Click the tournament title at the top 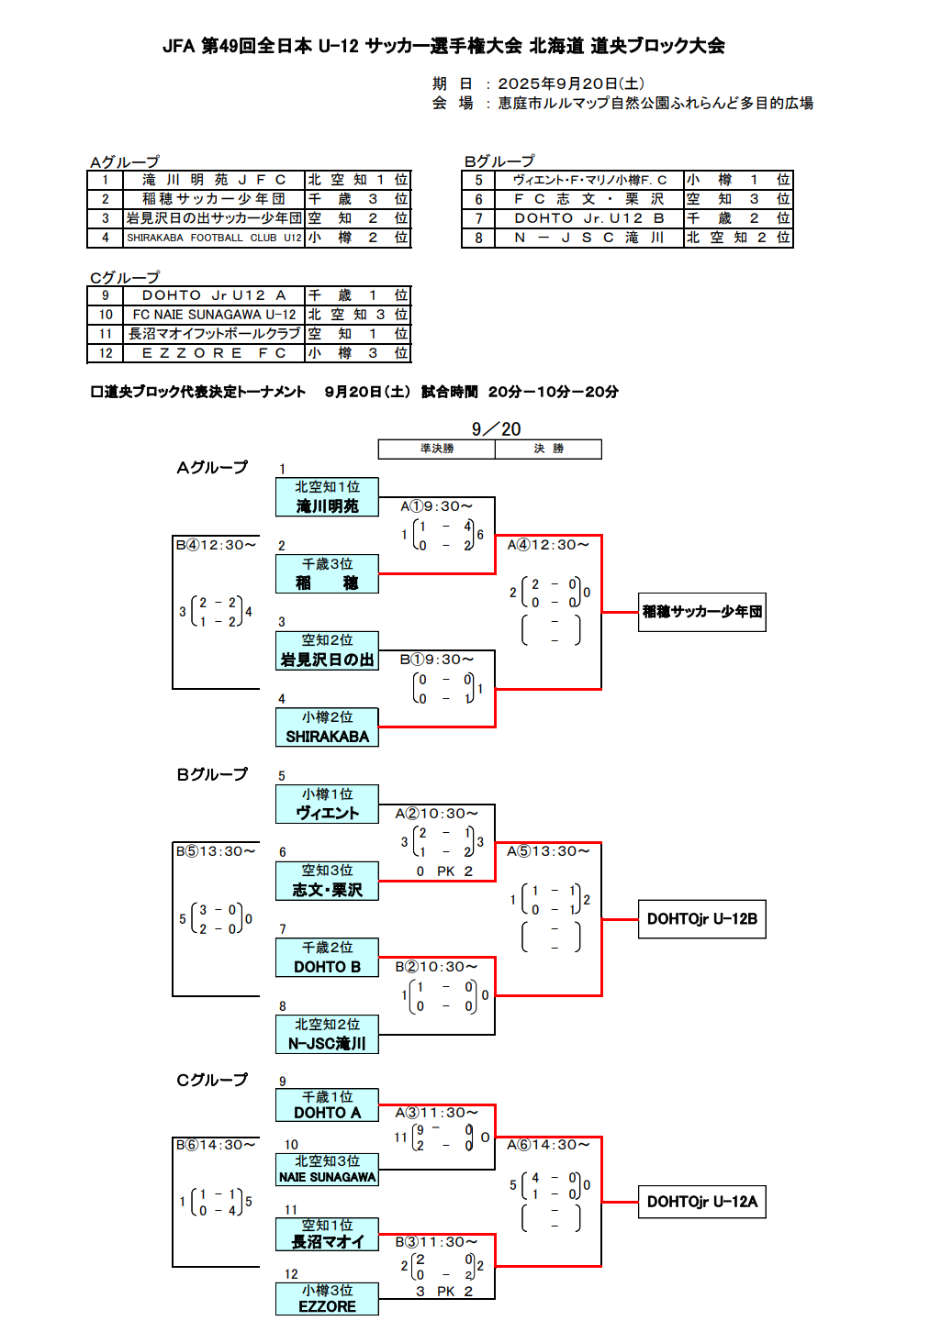point(443,46)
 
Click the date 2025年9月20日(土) point(570,83)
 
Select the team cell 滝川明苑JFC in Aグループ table point(214,180)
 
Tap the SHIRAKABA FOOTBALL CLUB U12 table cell point(214,238)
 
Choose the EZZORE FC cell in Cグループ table point(214,353)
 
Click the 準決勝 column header point(437,449)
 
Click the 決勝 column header point(548,449)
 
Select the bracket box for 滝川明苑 point(327,497)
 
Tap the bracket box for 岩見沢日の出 point(327,650)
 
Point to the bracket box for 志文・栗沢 point(327,881)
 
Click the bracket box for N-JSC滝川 point(327,1035)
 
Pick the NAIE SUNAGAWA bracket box point(327,1170)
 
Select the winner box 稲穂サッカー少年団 point(702,612)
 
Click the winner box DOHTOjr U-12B point(702,919)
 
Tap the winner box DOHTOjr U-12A point(702,1202)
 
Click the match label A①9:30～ point(437,506)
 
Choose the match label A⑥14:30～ point(548,1145)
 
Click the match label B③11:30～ point(437,1242)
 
